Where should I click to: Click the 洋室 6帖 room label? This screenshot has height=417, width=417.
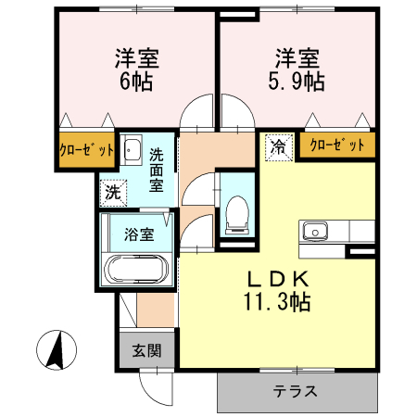click(x=136, y=69)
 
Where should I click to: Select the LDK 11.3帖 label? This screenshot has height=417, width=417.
click(x=276, y=289)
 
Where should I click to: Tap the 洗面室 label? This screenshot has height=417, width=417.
click(x=158, y=171)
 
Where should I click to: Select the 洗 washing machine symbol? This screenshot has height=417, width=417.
click(x=112, y=193)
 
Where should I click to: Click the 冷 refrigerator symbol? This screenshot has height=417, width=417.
click(x=278, y=145)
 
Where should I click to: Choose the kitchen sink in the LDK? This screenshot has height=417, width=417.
click(x=316, y=229)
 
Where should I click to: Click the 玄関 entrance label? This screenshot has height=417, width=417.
click(x=145, y=351)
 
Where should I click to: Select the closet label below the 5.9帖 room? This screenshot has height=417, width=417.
click(x=335, y=145)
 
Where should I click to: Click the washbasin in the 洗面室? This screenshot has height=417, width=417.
click(x=132, y=152)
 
